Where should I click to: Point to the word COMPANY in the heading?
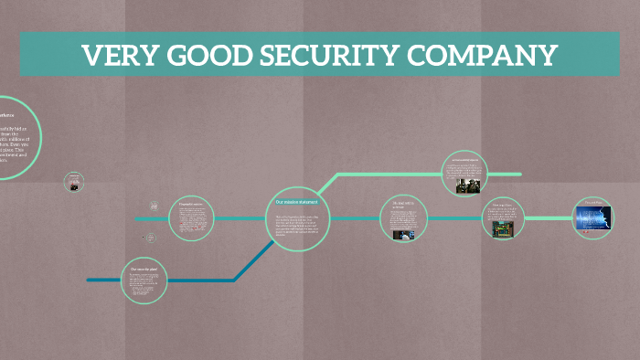click(485, 56)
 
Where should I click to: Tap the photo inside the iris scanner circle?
click(402, 234)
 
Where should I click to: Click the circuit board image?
click(502, 231)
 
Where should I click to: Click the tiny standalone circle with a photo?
click(73, 182)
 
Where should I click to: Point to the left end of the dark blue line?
click(90, 280)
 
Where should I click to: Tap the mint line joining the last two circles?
click(549, 218)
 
